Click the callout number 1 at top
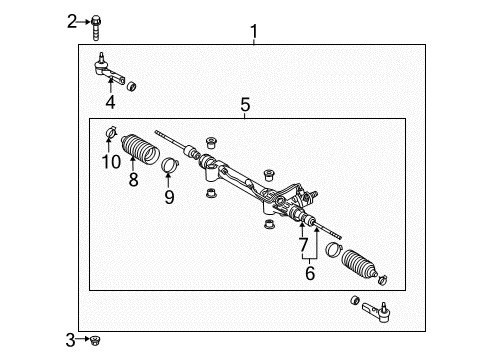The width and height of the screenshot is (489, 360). (253, 33)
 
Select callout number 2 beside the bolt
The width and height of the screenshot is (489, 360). (72, 20)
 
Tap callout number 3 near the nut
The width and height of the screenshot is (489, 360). (71, 341)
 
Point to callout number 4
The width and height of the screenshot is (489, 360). (110, 101)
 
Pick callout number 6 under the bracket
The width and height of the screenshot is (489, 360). (311, 272)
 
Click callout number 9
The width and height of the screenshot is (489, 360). (169, 196)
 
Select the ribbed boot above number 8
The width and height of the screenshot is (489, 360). (139, 152)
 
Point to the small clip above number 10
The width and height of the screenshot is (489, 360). (111, 133)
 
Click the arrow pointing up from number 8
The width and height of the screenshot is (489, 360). (132, 166)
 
